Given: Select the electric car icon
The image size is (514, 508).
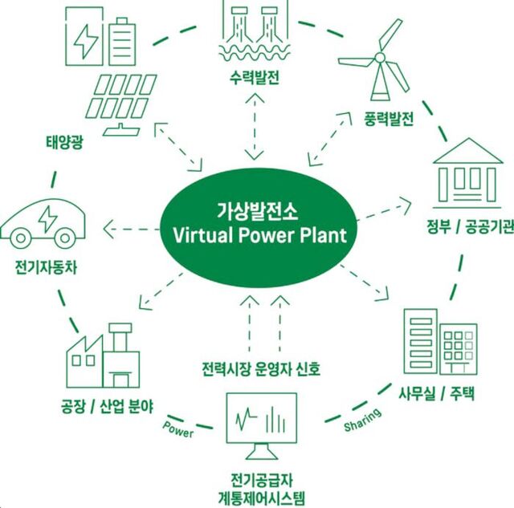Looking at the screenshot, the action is coord(43,223).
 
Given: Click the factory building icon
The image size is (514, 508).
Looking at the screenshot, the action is coord(103,356).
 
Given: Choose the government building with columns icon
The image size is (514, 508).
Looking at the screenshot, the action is coord(467,173).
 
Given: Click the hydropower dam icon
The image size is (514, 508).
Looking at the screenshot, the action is coord(255,30).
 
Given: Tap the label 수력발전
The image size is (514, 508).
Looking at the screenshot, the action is coord(255,79).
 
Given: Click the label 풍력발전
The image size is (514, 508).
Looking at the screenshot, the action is coord(389,119).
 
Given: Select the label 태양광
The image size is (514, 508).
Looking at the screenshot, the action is coord(64,142).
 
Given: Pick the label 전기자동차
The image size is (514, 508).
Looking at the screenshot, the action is coord(47,267).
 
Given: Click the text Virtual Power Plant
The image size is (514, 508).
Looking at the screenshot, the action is coord(259,235).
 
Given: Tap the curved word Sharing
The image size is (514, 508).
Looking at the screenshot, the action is coord(362,420).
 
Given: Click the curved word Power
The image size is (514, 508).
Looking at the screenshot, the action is coord(178,429).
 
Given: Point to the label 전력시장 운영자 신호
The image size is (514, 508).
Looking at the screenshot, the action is coord(261,369).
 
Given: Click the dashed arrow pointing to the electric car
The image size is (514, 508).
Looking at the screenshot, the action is coord(131,229).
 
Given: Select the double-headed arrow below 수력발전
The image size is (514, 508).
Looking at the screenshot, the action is coord(255,127).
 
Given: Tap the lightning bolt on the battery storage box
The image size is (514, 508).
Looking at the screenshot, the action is coord(86,41).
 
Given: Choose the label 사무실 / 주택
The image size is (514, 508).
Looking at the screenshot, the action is coord(436,393).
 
